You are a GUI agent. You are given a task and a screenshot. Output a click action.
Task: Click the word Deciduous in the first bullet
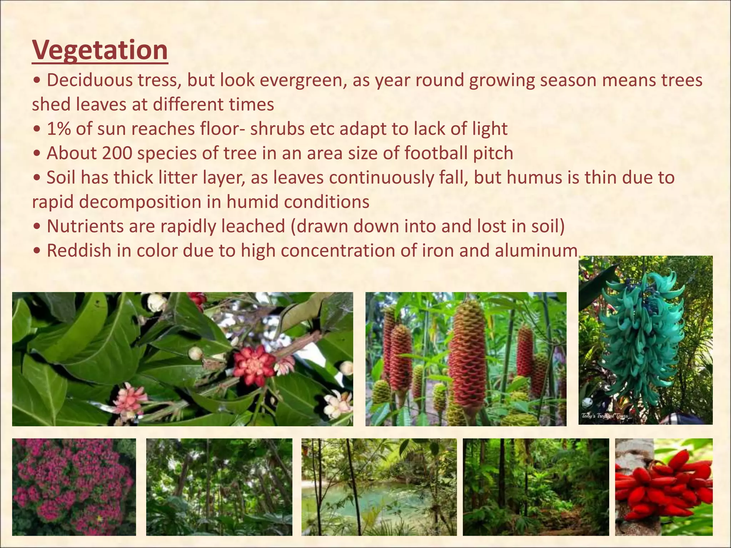pos(88,81)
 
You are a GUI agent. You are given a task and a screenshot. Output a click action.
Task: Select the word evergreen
pos(303,81)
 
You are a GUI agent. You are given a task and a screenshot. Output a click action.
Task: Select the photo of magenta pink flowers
pos(74,487)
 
